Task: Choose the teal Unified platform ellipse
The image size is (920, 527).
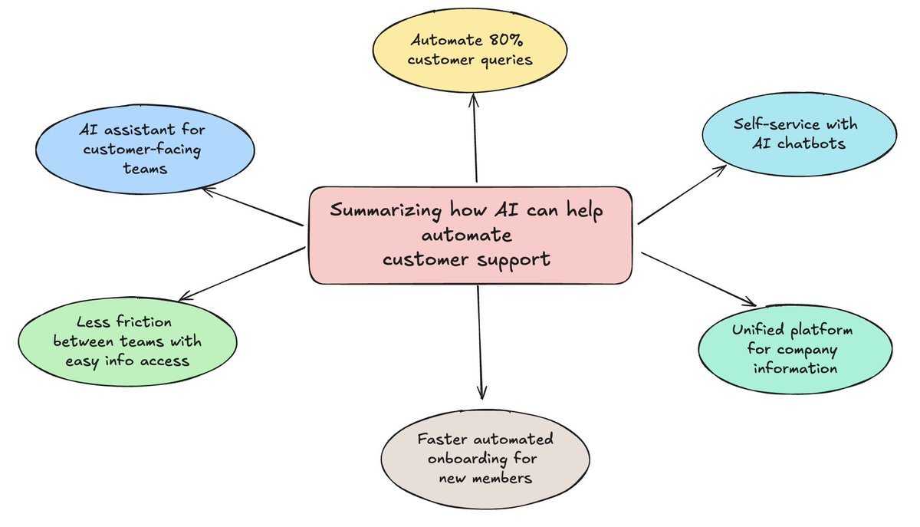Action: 794,349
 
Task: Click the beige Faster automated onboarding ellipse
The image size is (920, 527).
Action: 485,459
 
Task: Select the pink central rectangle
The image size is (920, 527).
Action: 471,235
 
